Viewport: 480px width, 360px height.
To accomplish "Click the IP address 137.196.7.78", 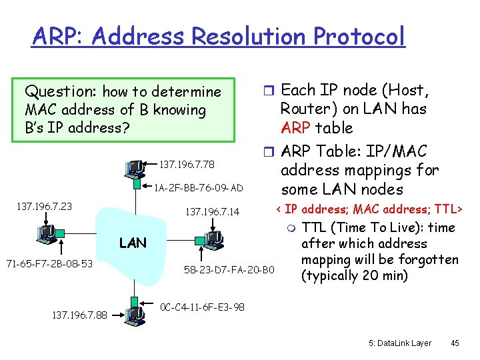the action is (187, 164).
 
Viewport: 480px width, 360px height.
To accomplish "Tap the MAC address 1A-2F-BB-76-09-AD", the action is (198, 187).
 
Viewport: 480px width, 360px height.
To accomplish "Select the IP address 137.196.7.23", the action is (44, 207).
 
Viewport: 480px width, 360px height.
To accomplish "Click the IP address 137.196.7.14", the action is (212, 213).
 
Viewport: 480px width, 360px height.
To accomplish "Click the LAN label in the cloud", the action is (133, 243).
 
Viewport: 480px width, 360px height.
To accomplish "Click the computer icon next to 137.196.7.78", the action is (135, 167).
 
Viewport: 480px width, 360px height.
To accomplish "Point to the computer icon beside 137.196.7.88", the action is (135, 313).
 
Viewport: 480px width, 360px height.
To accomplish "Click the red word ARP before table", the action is (297, 128).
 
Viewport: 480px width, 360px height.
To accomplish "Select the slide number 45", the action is (455, 343).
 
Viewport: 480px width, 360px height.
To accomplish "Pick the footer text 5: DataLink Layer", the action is (400, 343).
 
